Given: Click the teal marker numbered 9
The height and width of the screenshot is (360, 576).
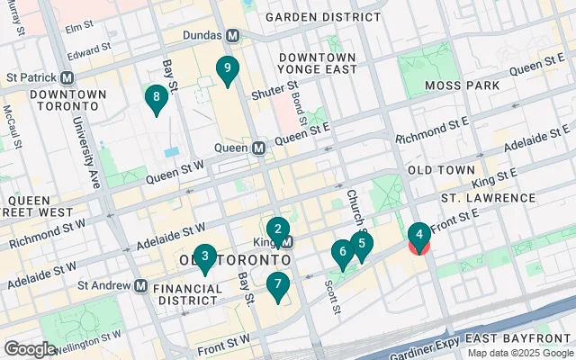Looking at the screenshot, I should (228, 69).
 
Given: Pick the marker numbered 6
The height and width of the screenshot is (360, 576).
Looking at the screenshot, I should (341, 254).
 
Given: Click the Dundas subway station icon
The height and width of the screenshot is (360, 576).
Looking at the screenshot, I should (233, 36).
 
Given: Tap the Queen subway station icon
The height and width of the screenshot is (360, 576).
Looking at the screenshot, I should (258, 148).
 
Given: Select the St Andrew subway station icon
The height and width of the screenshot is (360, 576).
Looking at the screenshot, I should (141, 285).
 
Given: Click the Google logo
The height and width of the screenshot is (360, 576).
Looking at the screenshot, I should (31, 348).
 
